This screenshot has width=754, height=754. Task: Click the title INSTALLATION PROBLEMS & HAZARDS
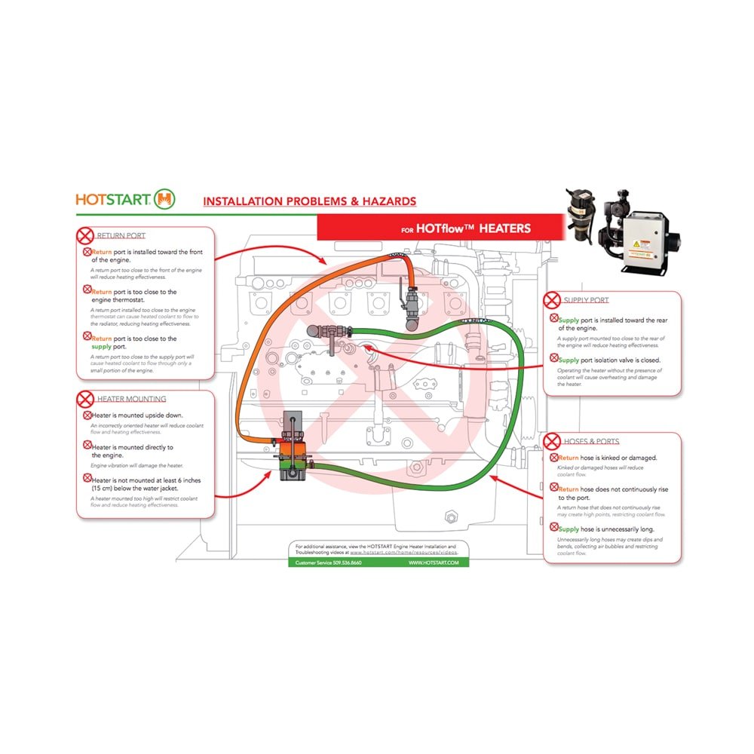(x=309, y=201)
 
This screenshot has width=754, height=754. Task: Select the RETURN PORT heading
(x=121, y=236)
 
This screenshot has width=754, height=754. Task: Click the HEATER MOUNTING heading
(x=131, y=399)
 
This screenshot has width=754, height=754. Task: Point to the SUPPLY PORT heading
(x=586, y=300)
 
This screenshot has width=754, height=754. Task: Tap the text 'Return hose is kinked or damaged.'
(x=608, y=458)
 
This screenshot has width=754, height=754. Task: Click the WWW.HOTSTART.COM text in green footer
(x=434, y=562)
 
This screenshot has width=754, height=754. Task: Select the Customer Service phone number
(x=329, y=562)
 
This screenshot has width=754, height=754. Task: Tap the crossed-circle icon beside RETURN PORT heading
(x=87, y=235)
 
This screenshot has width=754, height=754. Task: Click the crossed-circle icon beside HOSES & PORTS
(x=553, y=441)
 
